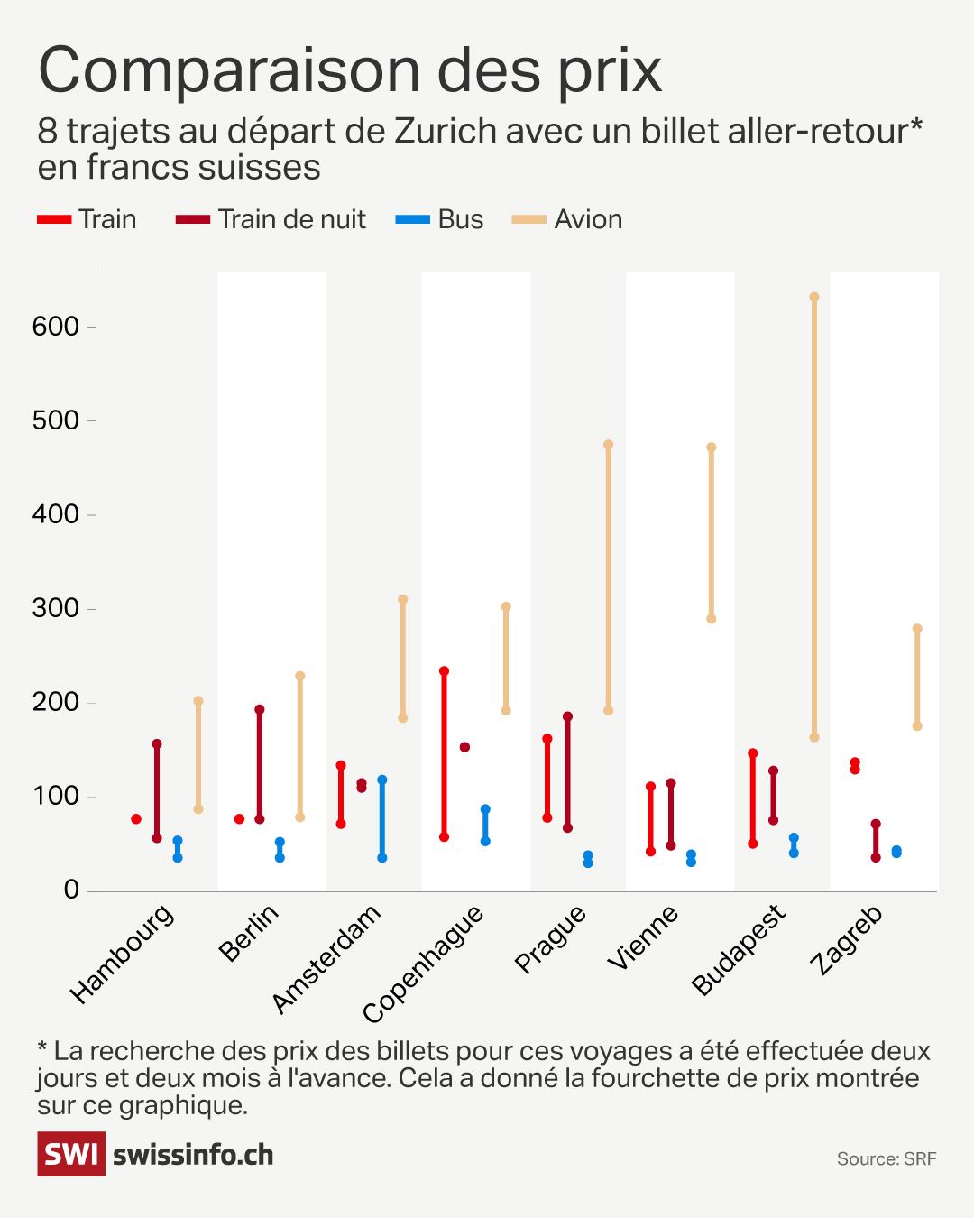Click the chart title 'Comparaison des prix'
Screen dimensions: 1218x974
pyautogui.click(x=350, y=70)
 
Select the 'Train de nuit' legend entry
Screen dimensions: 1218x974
pyautogui.click(x=271, y=219)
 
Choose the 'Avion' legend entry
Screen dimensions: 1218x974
pyautogui.click(x=567, y=219)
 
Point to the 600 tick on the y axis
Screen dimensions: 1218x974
pyautogui.click(x=56, y=327)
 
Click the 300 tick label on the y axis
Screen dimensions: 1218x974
pyautogui.click(x=56, y=608)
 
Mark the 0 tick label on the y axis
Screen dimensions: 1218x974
pyautogui.click(x=71, y=890)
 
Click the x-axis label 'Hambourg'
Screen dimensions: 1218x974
pyautogui.click(x=122, y=954)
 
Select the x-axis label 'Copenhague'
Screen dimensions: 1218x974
pyautogui.click(x=423, y=964)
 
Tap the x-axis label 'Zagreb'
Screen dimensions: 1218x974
pyautogui.click(x=846, y=940)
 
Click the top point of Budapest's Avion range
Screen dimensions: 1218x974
pyautogui.click(x=814, y=297)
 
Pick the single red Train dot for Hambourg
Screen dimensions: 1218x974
pyautogui.click(x=136, y=819)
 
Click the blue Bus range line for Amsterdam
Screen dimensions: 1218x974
pyautogui.click(x=382, y=819)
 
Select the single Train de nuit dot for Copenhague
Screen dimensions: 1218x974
pyautogui.click(x=464, y=747)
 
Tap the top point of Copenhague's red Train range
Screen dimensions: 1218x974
pyautogui.click(x=444, y=671)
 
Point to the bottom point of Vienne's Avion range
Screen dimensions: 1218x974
pyautogui.click(x=712, y=619)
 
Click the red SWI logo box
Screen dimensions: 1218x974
pyautogui.click(x=71, y=1154)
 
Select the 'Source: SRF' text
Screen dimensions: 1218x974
pyautogui.click(x=887, y=1159)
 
